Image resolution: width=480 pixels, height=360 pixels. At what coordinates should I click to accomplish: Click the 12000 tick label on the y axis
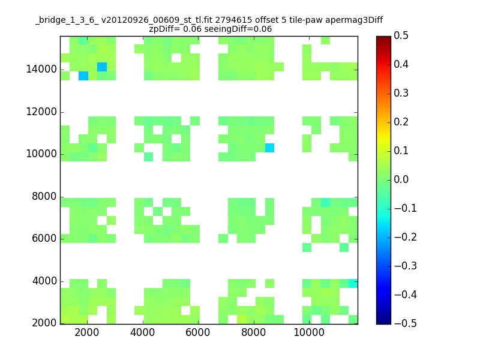point(41,112)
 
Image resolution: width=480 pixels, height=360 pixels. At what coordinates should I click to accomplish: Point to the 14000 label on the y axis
point(41,69)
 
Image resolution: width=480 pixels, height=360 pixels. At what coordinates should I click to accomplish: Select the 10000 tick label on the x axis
point(309,332)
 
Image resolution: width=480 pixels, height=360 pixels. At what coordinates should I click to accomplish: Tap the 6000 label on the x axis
point(198,332)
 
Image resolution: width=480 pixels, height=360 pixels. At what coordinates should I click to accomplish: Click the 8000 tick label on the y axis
point(44,196)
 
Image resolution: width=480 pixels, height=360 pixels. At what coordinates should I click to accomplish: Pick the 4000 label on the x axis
point(142,332)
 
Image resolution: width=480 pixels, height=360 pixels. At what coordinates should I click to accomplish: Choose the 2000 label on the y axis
point(44,323)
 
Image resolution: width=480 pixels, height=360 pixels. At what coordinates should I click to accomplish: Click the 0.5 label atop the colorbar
point(401,35)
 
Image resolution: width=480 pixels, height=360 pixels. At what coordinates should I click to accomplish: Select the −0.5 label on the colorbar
point(406,323)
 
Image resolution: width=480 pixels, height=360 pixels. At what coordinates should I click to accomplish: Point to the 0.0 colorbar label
point(401,179)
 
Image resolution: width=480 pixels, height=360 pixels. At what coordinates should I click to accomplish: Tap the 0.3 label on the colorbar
point(401,93)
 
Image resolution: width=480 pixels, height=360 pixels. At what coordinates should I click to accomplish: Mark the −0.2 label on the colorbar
point(406,237)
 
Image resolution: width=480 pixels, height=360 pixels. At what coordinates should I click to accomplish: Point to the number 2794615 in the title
point(233,20)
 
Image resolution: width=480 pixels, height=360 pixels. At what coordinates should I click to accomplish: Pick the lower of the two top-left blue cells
point(83,76)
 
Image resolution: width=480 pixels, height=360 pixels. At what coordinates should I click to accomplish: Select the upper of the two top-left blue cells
point(102,67)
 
